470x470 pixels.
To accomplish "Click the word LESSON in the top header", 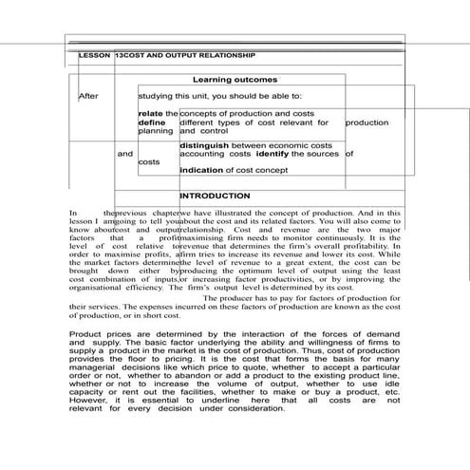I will [93, 57].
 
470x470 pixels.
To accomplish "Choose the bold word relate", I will [151, 114].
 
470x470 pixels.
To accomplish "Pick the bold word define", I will [152, 122].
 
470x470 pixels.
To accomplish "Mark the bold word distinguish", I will [205, 144].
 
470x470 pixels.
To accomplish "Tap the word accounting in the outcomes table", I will [202, 153].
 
